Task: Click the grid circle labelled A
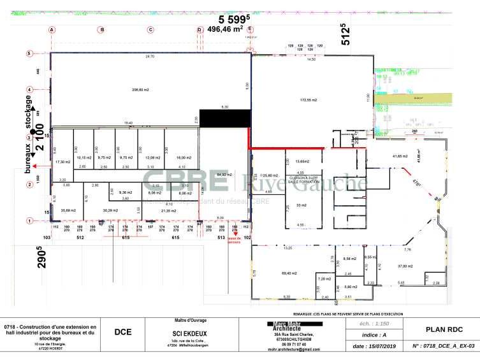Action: [52, 30]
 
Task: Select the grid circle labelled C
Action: [150, 30]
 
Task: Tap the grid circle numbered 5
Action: [29, 54]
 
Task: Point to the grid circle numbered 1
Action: [29, 220]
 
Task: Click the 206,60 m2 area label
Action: [140, 90]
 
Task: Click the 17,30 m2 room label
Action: [62, 162]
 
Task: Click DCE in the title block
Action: [123, 331]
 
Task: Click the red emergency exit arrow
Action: [235, 234]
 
